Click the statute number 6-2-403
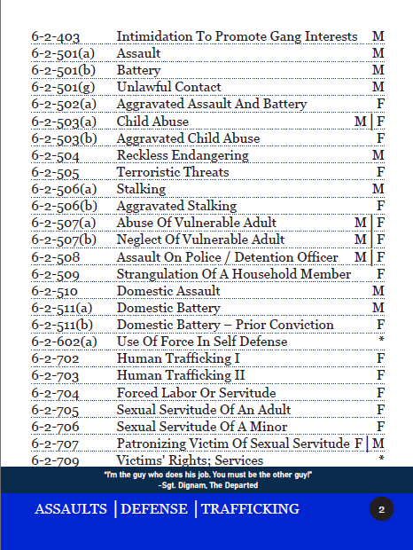[x=57, y=36]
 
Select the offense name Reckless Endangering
[x=170, y=155]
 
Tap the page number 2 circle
[x=381, y=509]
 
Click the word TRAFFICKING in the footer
[x=250, y=509]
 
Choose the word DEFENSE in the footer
[x=154, y=509]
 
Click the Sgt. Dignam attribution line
[x=207, y=485]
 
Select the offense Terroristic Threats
[x=173, y=172]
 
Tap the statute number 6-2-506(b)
[x=64, y=206]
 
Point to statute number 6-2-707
[x=55, y=443]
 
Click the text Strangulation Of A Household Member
[x=234, y=274]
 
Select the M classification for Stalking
[x=378, y=189]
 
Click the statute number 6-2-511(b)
[x=62, y=325]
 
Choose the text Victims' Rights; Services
[x=190, y=460]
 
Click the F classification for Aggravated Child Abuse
[x=380, y=138]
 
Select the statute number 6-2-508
[x=55, y=257]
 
